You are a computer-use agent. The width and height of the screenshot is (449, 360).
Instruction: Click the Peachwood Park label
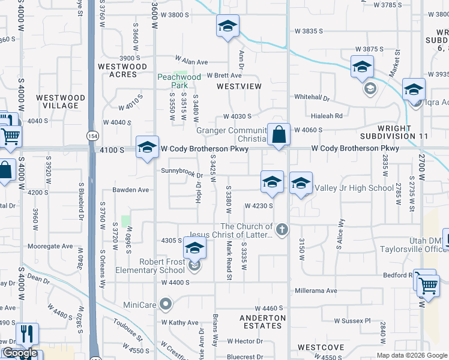click(179, 81)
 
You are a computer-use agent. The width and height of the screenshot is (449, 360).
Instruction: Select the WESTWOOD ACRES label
click(122, 70)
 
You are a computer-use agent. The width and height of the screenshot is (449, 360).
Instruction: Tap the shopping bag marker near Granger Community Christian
click(279, 134)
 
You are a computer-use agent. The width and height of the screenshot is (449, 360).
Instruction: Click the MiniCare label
click(140, 305)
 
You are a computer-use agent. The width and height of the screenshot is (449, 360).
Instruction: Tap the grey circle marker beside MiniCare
click(167, 304)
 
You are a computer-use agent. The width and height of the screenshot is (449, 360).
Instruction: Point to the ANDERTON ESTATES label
click(261, 322)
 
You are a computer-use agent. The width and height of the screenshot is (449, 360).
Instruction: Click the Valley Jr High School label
click(354, 188)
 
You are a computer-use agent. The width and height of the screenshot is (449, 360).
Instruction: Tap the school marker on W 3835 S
click(228, 26)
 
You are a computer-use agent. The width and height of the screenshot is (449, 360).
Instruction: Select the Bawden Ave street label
click(131, 190)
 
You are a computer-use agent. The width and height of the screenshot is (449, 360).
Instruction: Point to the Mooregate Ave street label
click(50, 246)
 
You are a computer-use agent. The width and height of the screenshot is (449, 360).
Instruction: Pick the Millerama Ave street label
click(316, 291)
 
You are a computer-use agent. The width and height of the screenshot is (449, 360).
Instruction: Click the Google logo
click(20, 353)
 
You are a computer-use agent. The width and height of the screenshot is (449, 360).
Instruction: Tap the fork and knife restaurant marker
click(27, 334)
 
